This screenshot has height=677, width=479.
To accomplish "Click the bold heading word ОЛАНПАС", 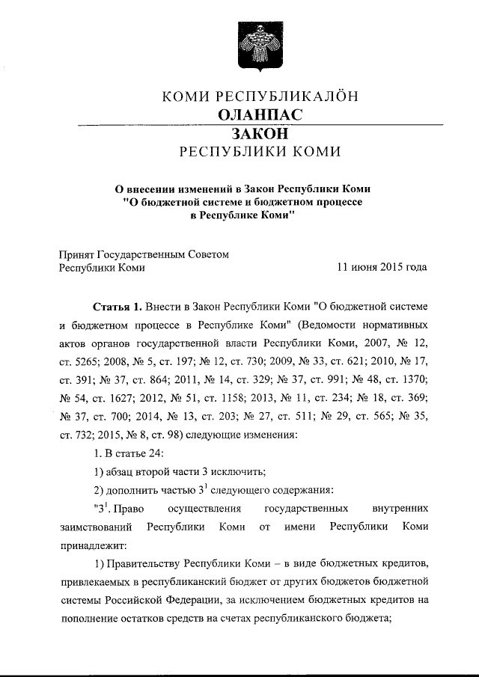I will tap(260, 114).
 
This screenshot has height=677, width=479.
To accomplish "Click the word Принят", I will tap(77, 254).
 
